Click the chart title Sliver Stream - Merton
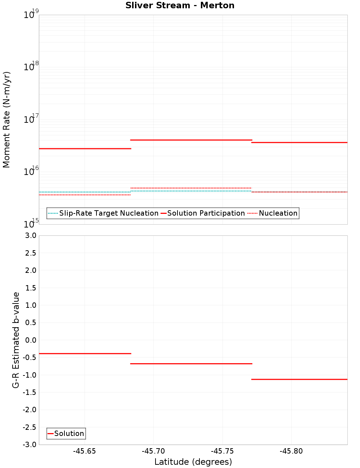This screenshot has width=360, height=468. [180, 6]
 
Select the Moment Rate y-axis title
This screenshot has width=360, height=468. [6, 120]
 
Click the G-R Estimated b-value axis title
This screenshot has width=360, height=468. [16, 340]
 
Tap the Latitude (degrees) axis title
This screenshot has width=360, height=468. [193, 462]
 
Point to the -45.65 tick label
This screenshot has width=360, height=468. [84, 451]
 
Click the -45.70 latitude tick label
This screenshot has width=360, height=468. [153, 451]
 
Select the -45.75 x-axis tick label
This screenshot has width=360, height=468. [222, 451]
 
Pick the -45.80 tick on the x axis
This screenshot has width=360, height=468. [291, 451]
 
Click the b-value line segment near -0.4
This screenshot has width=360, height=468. [85, 354]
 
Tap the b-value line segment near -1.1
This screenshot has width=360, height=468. [299, 379]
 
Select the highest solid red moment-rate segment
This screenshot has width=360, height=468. [191, 140]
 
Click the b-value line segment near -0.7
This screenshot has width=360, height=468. [191, 364]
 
